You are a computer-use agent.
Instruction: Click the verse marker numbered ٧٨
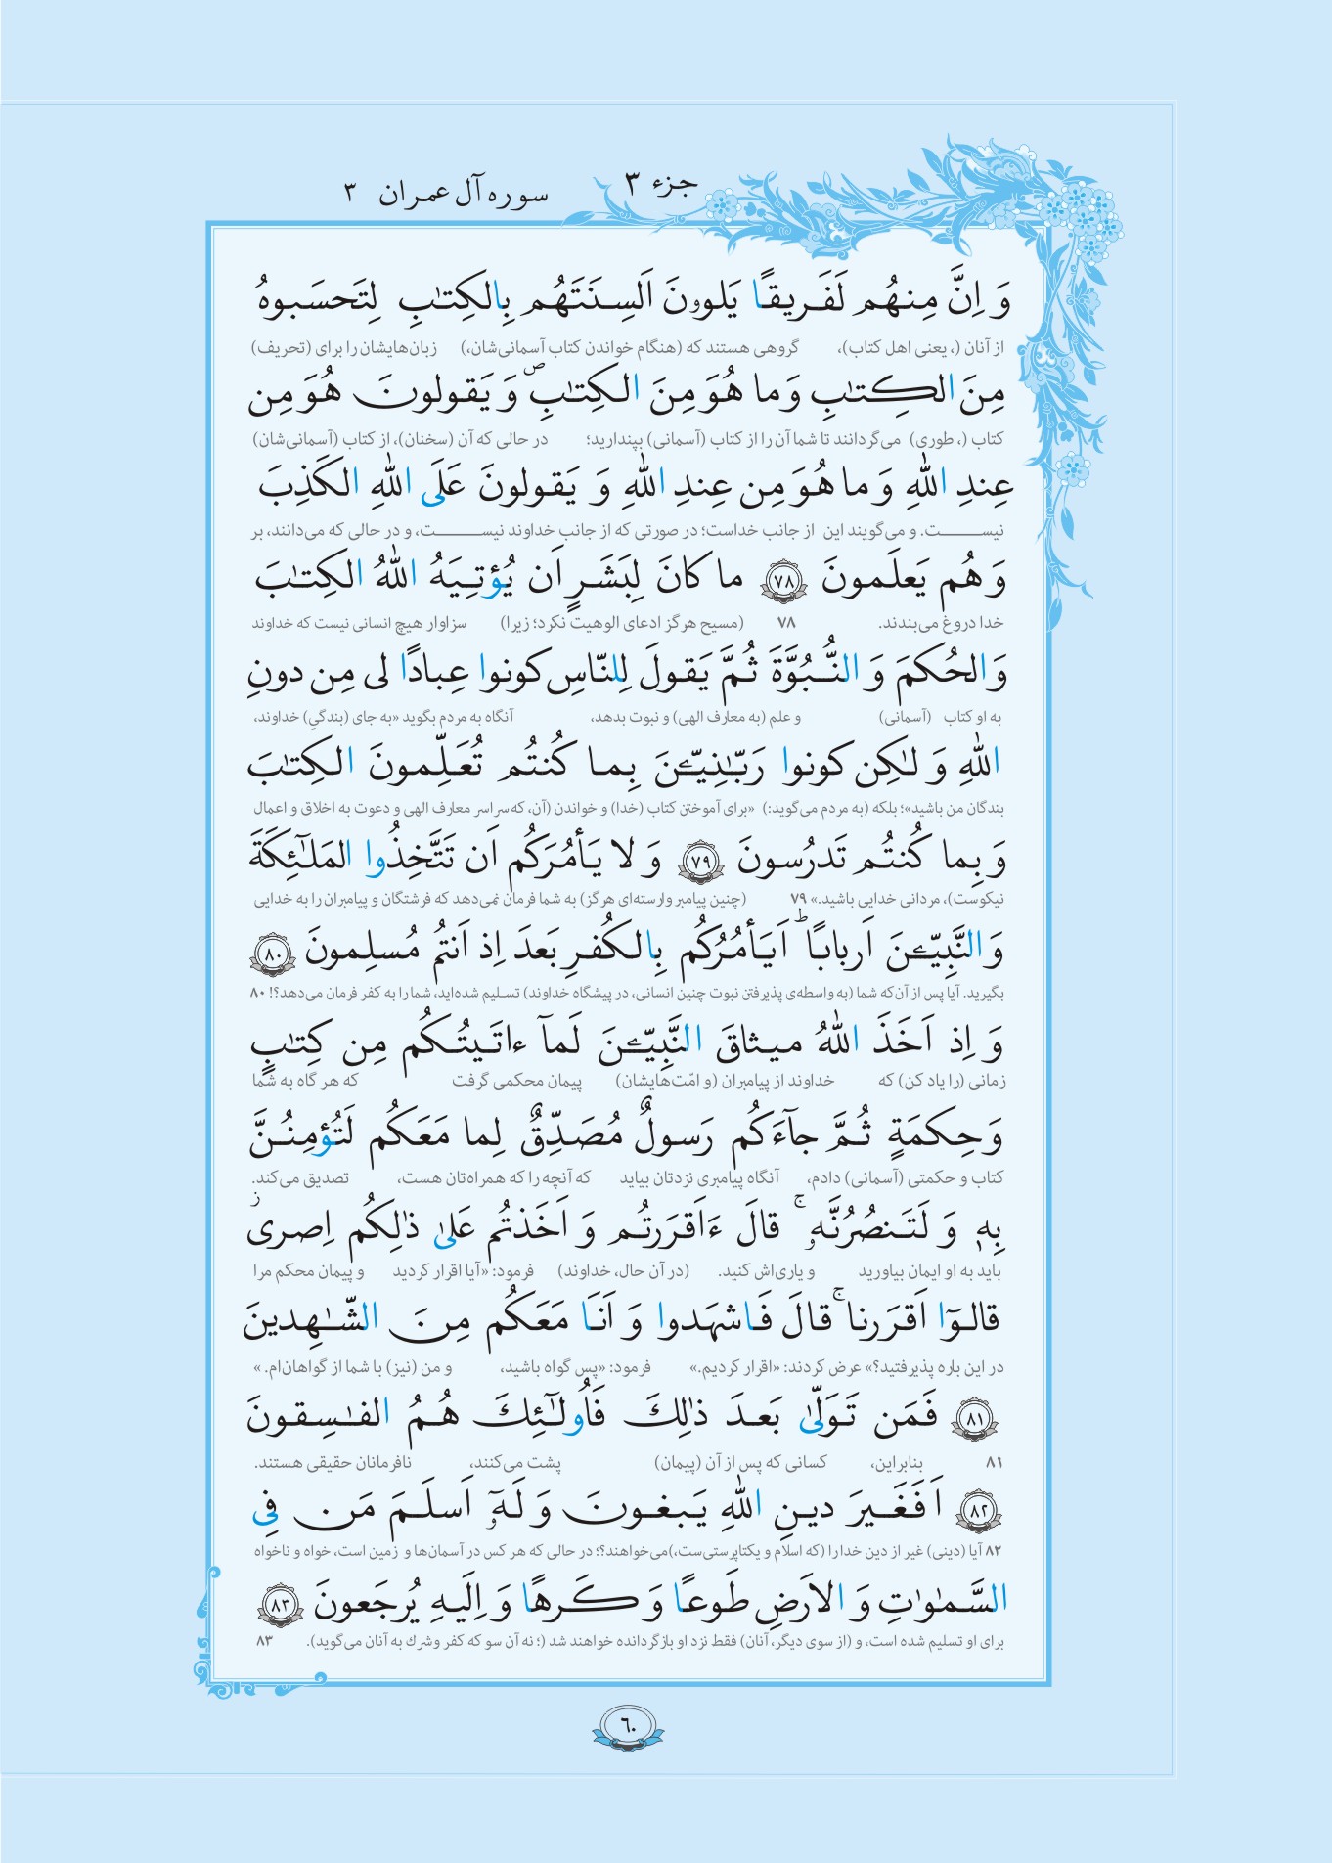click(x=783, y=581)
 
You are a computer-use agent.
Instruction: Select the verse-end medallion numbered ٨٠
click(x=273, y=953)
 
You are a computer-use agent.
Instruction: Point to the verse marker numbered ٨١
click(x=975, y=1416)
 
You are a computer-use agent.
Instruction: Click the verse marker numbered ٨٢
click(x=979, y=1510)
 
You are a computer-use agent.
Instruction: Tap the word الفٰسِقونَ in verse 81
click(x=319, y=1414)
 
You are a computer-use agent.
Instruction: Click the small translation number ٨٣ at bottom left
click(x=263, y=1640)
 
